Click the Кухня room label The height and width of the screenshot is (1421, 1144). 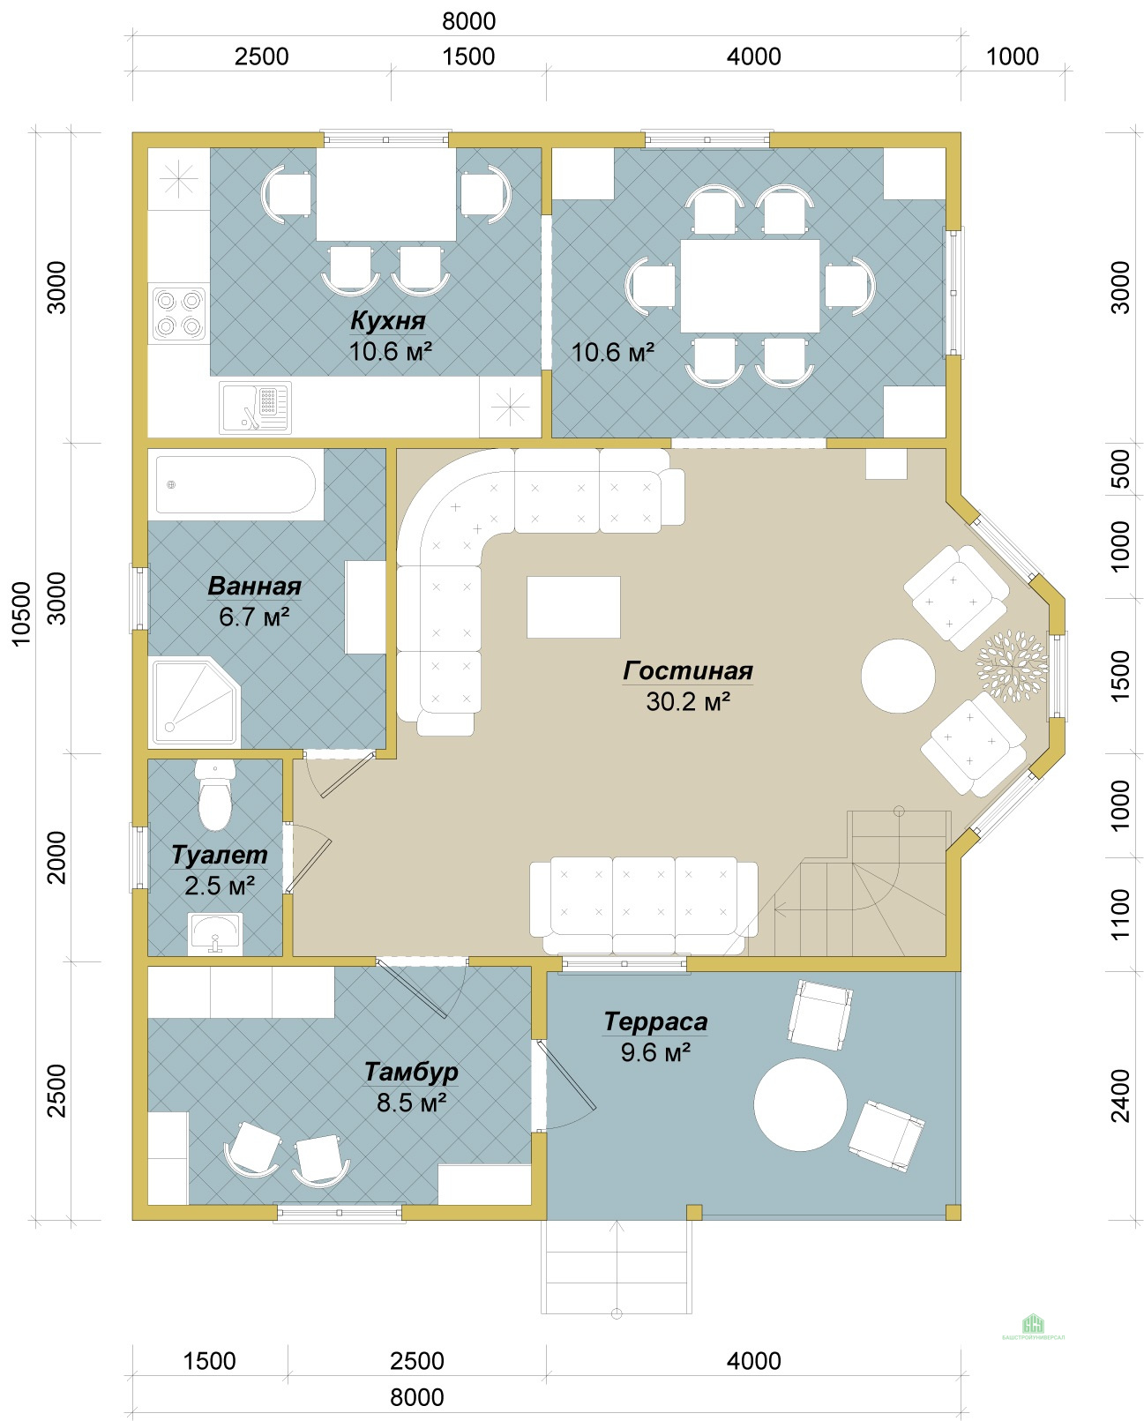click(x=388, y=320)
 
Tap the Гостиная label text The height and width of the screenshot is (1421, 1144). click(x=688, y=671)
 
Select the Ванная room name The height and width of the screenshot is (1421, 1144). click(x=254, y=586)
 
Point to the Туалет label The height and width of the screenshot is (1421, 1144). click(x=220, y=855)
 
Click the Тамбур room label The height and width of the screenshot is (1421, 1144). click(x=411, y=1072)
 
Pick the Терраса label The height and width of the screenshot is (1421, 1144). click(x=655, y=1021)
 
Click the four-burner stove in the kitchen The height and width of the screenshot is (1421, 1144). click(x=179, y=314)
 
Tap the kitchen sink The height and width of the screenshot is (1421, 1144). click(x=255, y=408)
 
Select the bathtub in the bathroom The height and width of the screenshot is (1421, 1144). click(x=236, y=484)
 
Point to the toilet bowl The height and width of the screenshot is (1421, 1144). click(x=215, y=795)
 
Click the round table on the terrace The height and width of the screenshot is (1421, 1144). click(x=800, y=1104)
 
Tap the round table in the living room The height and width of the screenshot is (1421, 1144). click(x=898, y=677)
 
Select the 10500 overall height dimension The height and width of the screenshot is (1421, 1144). click(x=21, y=613)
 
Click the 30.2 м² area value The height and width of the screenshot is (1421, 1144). click(x=688, y=701)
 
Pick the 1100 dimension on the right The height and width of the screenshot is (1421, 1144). click(x=1121, y=914)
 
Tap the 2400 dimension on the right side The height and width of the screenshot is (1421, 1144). click(x=1121, y=1096)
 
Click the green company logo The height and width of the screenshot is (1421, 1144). click(x=1033, y=1324)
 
